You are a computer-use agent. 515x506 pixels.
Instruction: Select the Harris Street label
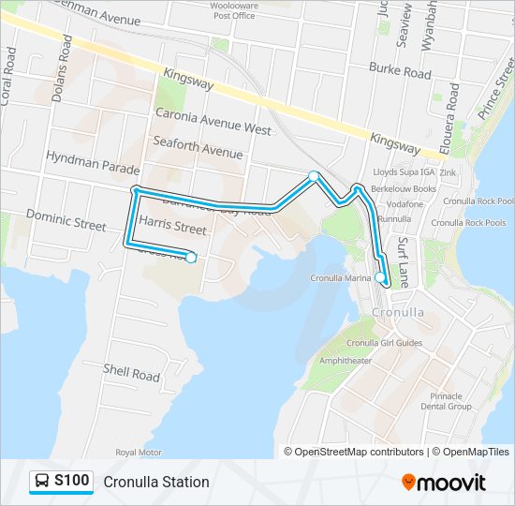click(172, 226)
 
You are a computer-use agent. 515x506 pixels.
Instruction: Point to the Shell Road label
click(131, 373)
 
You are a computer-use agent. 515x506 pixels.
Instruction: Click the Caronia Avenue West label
click(213, 122)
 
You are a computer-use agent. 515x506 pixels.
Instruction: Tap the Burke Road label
click(400, 70)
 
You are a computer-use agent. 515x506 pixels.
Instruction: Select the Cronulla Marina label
click(341, 278)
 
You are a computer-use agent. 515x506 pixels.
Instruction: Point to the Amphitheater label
click(346, 360)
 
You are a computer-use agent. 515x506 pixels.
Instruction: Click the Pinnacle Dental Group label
click(446, 401)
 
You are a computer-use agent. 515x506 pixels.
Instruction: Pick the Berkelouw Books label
click(405, 188)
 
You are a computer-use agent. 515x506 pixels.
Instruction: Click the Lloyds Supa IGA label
click(405, 173)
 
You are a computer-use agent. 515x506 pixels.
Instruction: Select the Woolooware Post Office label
click(234, 10)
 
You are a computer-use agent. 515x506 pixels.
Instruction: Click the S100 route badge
click(71, 482)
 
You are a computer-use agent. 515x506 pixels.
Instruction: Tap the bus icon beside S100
click(42, 482)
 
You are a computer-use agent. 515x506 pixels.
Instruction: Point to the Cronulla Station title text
click(156, 482)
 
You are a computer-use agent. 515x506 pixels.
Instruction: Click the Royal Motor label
click(139, 452)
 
